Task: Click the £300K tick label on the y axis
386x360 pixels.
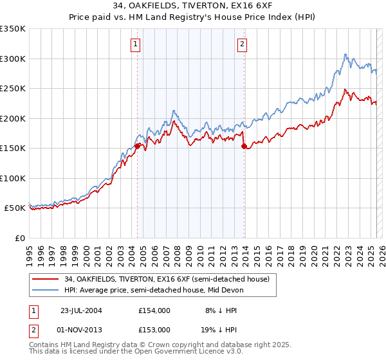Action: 12,59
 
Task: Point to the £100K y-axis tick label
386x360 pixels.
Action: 12,178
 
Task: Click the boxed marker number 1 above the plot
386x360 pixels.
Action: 136,44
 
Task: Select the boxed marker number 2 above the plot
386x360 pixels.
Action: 243,44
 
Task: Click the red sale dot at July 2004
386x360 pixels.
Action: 138,146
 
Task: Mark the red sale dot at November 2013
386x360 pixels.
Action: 244,147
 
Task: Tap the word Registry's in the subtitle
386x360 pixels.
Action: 215,17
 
